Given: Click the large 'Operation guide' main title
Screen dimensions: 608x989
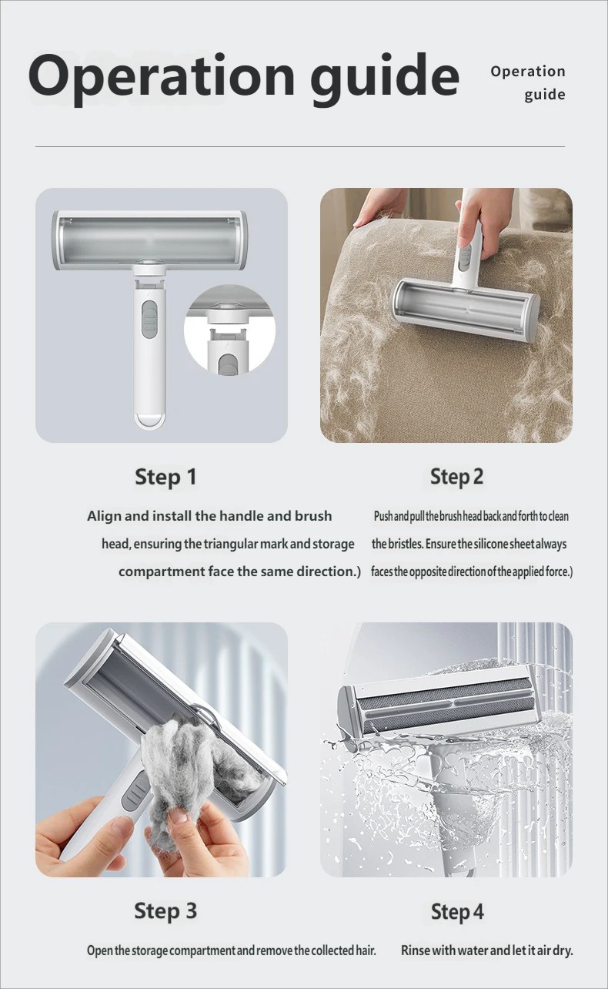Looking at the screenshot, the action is tap(244, 78).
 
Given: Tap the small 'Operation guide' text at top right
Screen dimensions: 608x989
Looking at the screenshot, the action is tap(528, 83).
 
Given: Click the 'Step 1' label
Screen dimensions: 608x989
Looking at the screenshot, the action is tap(166, 478).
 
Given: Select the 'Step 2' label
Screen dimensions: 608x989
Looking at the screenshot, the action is tap(456, 478).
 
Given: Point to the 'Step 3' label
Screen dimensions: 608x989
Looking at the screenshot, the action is tap(165, 911).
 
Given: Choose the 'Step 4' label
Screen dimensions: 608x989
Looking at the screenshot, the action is tap(457, 912).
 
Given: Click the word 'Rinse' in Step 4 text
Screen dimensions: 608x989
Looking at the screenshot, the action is tap(416, 950).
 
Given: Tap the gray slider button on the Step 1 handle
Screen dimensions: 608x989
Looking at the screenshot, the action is tap(150, 320).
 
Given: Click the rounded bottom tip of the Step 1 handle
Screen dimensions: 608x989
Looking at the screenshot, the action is tap(150, 421).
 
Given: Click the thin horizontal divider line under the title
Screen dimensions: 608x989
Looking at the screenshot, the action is tap(300, 146).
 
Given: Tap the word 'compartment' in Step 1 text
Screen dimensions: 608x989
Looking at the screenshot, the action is tap(162, 572).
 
